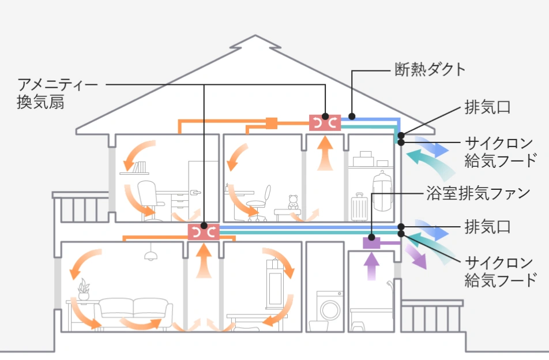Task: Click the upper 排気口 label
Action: [x=487, y=107]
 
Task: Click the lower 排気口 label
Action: [x=487, y=226]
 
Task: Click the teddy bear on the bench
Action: [x=293, y=203]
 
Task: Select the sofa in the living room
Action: [x=134, y=312]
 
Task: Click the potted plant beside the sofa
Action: [x=84, y=288]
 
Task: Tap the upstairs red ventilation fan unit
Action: [x=325, y=122]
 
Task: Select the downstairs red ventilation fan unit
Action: [x=204, y=232]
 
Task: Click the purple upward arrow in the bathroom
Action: [x=372, y=266]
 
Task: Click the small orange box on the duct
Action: [x=272, y=122]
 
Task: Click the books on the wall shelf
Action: [x=139, y=167]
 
